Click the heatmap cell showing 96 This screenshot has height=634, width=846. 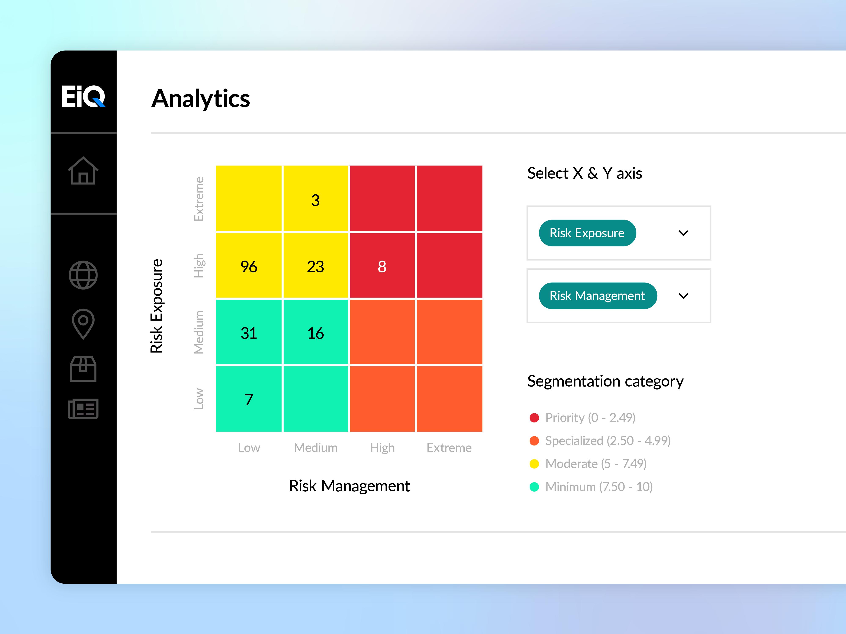click(x=249, y=266)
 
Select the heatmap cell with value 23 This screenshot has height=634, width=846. click(x=316, y=266)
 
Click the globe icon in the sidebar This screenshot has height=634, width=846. click(x=83, y=275)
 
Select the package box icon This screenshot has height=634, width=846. click(x=83, y=369)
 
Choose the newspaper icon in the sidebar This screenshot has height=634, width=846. click(x=83, y=409)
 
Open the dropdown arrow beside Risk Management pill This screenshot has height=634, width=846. click(x=683, y=296)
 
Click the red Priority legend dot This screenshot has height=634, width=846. click(x=534, y=418)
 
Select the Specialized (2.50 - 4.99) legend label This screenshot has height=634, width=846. click(x=608, y=441)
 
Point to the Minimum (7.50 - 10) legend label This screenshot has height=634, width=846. click(x=599, y=487)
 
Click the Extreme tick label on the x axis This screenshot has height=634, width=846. click(x=449, y=448)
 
